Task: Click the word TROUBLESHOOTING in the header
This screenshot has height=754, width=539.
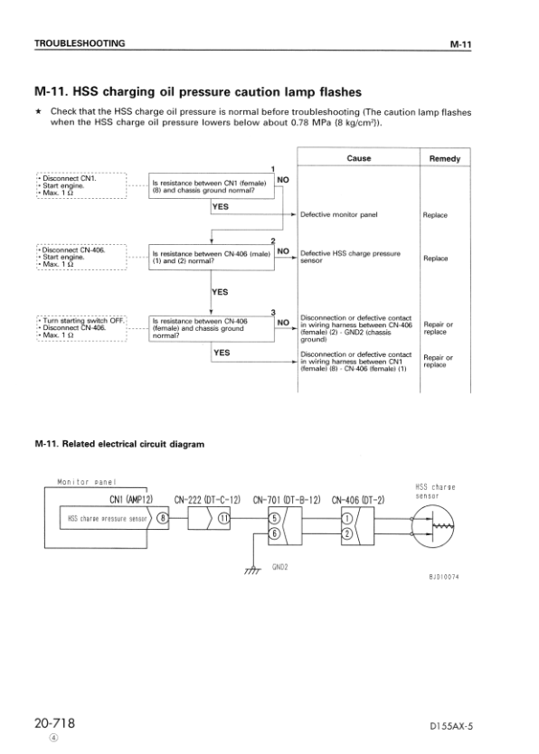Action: coord(79,43)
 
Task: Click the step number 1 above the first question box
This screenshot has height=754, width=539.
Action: coord(272,169)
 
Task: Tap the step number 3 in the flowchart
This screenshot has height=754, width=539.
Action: coord(272,313)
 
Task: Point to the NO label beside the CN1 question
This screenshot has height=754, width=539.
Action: coord(282,180)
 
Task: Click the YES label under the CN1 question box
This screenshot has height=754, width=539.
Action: coord(220,206)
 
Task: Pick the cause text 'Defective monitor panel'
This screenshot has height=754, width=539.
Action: coord(338,215)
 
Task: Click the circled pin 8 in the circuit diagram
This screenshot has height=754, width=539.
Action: coord(162,518)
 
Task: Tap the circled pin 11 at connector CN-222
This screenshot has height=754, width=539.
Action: coord(224,518)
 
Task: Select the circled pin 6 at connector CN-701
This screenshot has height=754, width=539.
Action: coord(274,533)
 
